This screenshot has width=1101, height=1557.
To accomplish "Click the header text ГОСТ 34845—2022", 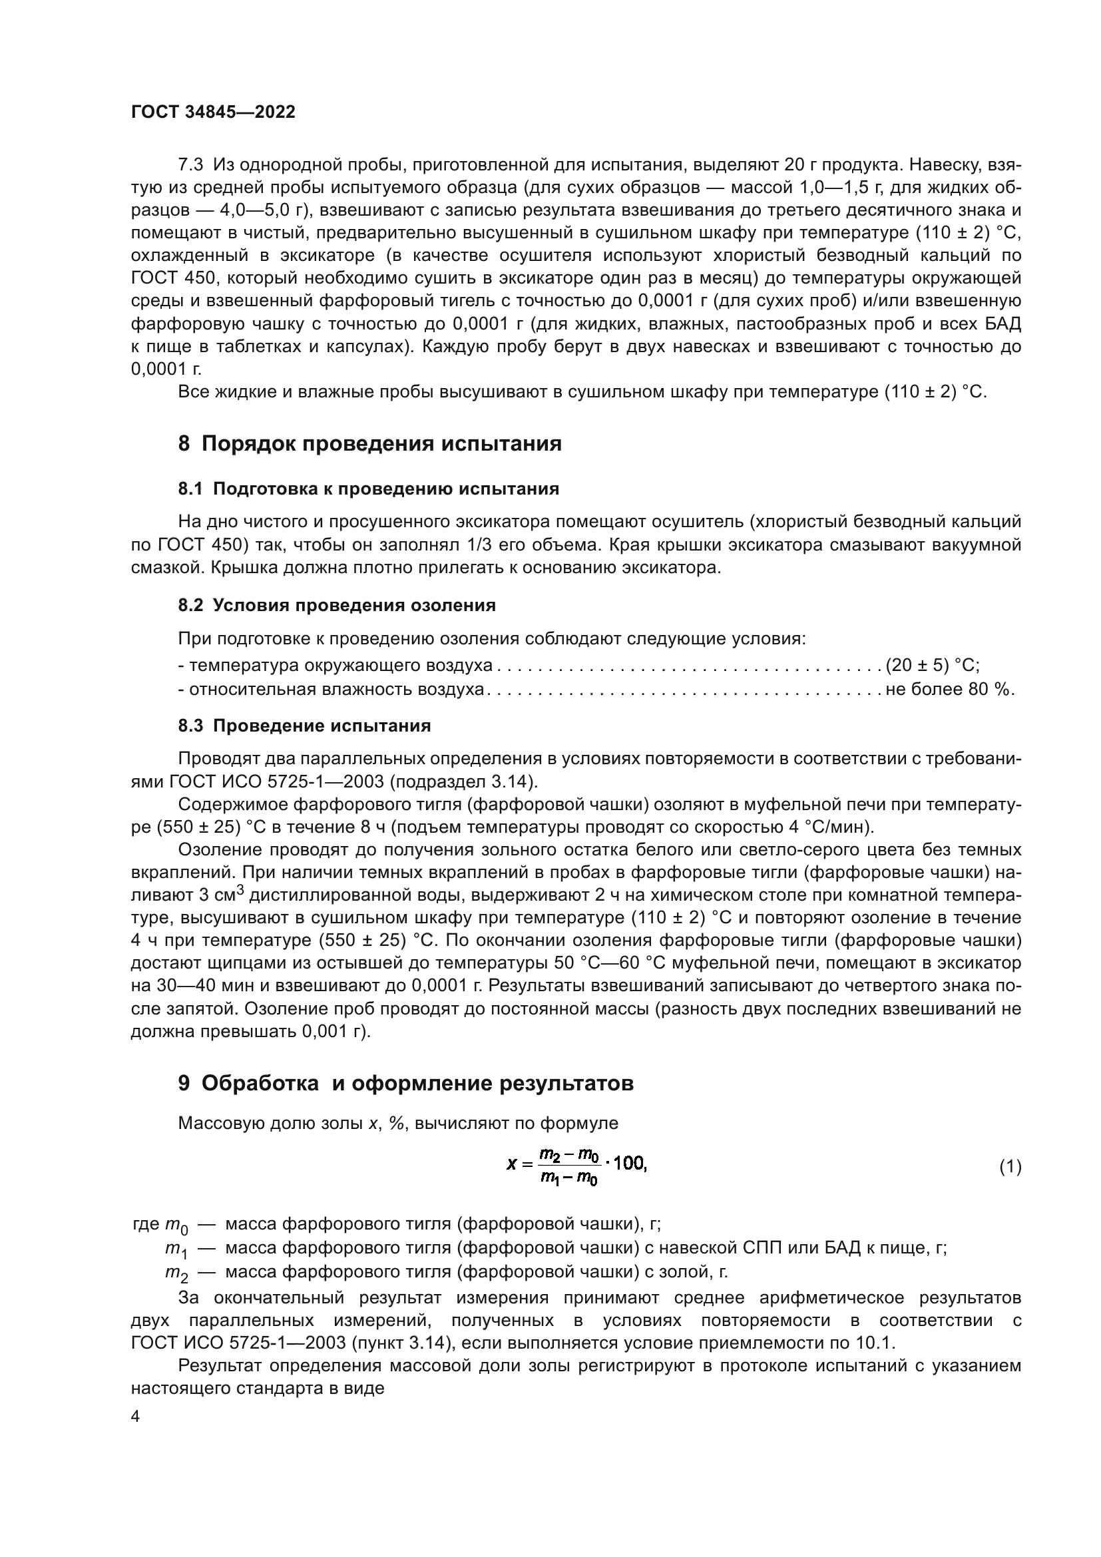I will pos(213,112).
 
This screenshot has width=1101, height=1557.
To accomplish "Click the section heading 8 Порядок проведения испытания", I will pos(369,444).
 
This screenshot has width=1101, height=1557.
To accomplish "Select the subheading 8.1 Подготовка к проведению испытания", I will pos(368,489).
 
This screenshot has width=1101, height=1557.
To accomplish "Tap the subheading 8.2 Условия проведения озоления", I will pos(337,606).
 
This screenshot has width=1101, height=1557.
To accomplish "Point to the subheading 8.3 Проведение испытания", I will pos(304,726).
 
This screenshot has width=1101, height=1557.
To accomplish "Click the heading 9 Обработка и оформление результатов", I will pos(405,1084).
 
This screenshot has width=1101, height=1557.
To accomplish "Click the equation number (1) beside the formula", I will pos(1010,1167).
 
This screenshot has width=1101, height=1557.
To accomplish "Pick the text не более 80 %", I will pos(949,690).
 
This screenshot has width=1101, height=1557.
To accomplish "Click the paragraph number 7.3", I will pos(190,165).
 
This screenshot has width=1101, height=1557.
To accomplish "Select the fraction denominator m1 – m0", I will pos(568,1179).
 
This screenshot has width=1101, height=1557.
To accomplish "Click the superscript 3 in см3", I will pos(240,890).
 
